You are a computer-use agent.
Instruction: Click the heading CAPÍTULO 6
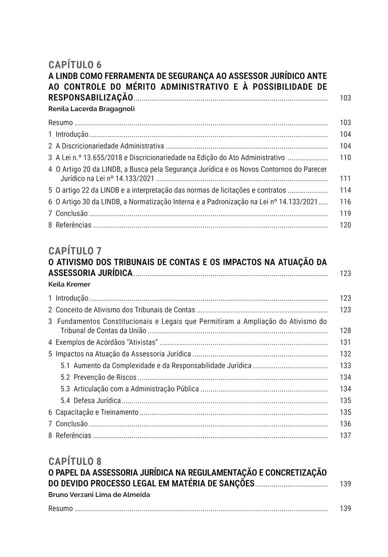coord(75,65)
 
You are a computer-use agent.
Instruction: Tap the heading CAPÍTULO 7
coord(75,251)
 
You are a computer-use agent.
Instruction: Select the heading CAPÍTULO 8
coord(75,461)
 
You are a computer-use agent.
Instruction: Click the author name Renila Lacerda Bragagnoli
coord(91,109)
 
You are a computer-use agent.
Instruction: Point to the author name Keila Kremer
coord(69,284)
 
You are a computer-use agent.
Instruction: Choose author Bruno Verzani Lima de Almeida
coord(99,495)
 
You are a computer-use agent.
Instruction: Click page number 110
coord(345,158)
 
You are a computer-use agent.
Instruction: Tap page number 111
coord(345,179)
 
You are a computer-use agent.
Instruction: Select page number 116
coord(345,202)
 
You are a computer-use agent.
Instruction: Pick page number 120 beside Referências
coord(345,225)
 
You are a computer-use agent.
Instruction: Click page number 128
coord(345,331)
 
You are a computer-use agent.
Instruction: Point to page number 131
coord(345,342)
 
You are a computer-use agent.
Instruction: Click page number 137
coord(345,435)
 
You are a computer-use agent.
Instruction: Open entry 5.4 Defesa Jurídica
coord(91,400)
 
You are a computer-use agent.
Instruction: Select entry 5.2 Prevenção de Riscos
coord(98,377)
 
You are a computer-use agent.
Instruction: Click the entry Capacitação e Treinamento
coord(97,412)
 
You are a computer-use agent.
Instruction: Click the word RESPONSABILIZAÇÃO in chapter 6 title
coord(91,98)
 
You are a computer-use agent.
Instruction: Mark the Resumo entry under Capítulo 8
coord(61,509)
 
